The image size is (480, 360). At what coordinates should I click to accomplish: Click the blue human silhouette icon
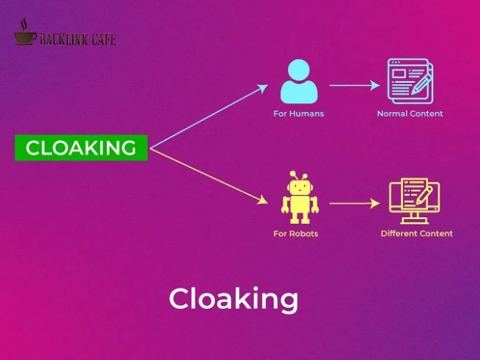pos(299,83)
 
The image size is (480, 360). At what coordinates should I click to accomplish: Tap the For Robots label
pos(295,233)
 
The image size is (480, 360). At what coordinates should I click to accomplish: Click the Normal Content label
pos(410,113)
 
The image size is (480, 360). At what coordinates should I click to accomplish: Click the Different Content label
pos(416,233)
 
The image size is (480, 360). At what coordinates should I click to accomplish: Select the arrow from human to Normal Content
pos(354,86)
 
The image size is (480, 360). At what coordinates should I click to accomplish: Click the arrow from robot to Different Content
pos(354,203)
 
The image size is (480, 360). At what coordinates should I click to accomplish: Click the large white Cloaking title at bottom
pos(233,299)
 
